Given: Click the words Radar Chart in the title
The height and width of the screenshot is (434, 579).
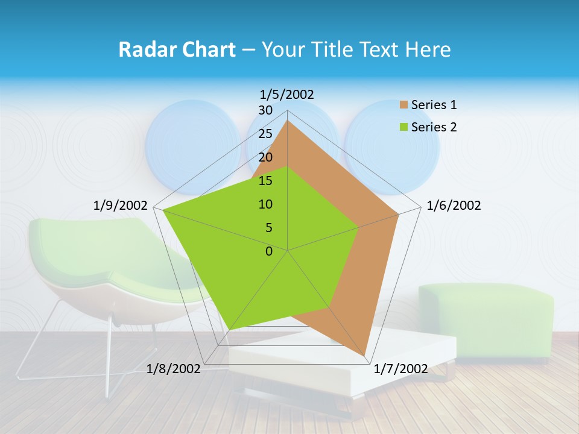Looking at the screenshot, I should [177, 49].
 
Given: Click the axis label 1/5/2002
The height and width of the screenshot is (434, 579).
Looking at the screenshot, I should [287, 94].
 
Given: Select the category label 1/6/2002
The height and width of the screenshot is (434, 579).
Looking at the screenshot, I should [454, 206].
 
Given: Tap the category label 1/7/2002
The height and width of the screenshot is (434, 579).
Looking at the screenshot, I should [400, 369].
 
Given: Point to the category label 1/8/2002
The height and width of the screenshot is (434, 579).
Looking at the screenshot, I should [174, 369].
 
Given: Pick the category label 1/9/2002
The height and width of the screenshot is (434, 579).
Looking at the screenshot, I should [121, 206].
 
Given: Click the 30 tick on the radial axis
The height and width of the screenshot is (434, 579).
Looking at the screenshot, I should [265, 110].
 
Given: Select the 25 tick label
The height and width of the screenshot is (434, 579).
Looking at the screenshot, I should [265, 134].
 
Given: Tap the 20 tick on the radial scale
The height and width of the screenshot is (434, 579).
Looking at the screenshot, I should [265, 157].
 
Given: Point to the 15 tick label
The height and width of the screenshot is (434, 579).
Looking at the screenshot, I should [265, 181].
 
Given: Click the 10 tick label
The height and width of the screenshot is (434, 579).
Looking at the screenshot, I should [265, 204].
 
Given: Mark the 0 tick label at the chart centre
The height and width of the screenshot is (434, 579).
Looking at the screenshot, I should [269, 251].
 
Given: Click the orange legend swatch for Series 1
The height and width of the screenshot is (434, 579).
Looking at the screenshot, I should [403, 105].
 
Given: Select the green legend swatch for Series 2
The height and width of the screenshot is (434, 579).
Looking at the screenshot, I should [403, 127].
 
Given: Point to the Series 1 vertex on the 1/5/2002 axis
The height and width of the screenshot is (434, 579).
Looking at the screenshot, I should [287, 121].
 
